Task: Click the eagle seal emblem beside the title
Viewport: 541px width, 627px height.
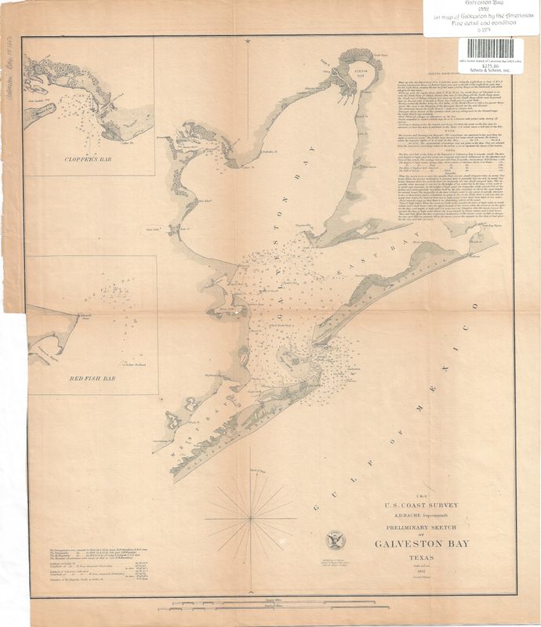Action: (x=335, y=540)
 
